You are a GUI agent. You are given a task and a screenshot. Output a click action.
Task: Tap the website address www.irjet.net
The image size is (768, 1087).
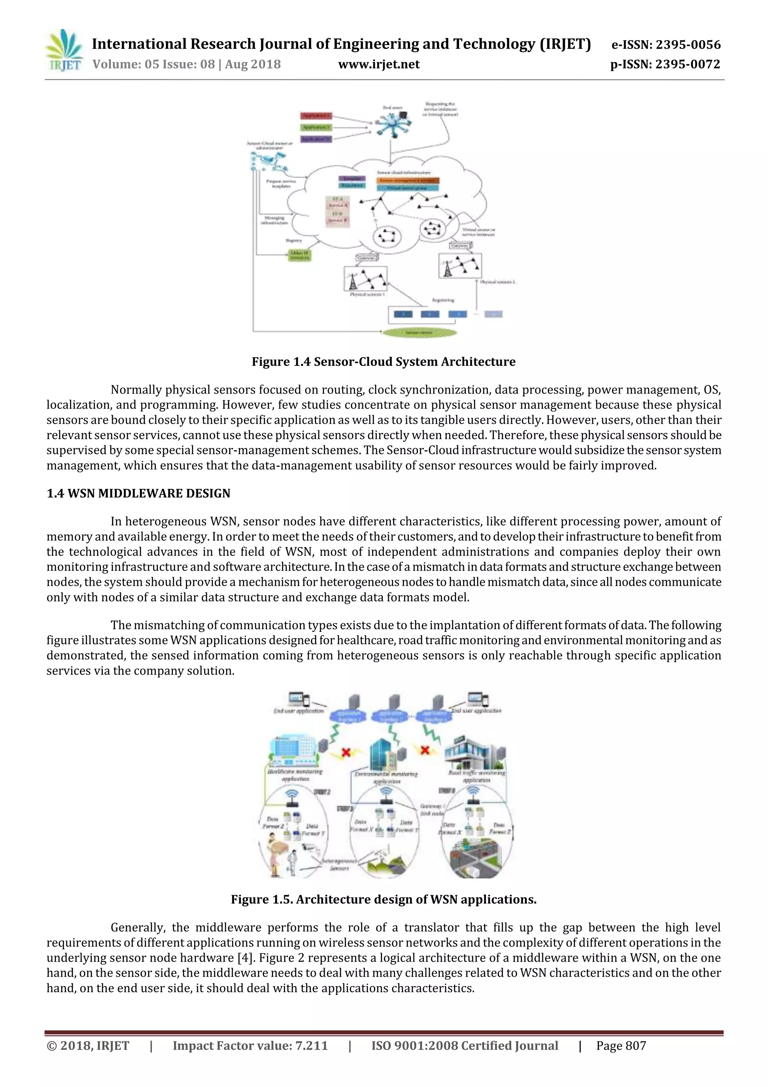coord(378,65)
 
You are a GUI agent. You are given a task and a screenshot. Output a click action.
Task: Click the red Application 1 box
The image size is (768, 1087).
coord(316,116)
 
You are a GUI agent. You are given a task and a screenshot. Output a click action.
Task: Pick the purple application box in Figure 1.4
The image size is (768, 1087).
coord(316,139)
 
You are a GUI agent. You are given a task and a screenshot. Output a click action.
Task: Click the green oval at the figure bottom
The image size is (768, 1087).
coord(419,332)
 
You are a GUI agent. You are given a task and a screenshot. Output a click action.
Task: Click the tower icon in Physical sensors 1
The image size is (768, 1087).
coord(352,280)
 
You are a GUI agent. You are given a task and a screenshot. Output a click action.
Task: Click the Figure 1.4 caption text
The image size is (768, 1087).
coord(383,362)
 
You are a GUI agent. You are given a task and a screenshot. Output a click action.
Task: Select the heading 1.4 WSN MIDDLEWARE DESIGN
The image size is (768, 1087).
coord(138,493)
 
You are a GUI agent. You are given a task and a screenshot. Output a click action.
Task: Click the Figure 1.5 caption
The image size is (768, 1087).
coord(383,899)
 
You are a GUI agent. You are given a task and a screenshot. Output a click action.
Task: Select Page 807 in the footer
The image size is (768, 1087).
coord(621,1046)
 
